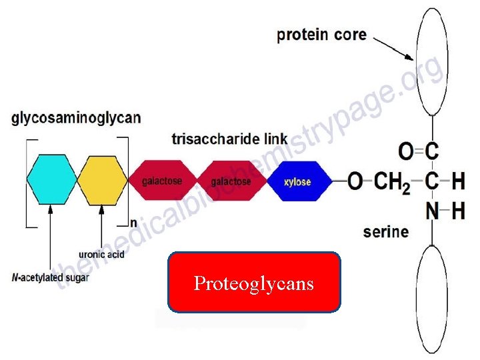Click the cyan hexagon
coord(53,179)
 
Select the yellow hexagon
coord(102,179)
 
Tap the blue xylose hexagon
coord(298,181)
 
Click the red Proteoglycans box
coord(254,283)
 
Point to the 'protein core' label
coord(321,35)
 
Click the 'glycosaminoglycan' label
coord(76,119)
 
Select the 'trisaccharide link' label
coord(229,140)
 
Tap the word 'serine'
coord(385,232)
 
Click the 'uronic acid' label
coord(101,254)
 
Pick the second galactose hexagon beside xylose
coord(231,181)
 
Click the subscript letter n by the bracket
coord(133,222)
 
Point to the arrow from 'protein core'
coord(393,48)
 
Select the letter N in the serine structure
coord(433,212)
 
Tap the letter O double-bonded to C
coord(405,152)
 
